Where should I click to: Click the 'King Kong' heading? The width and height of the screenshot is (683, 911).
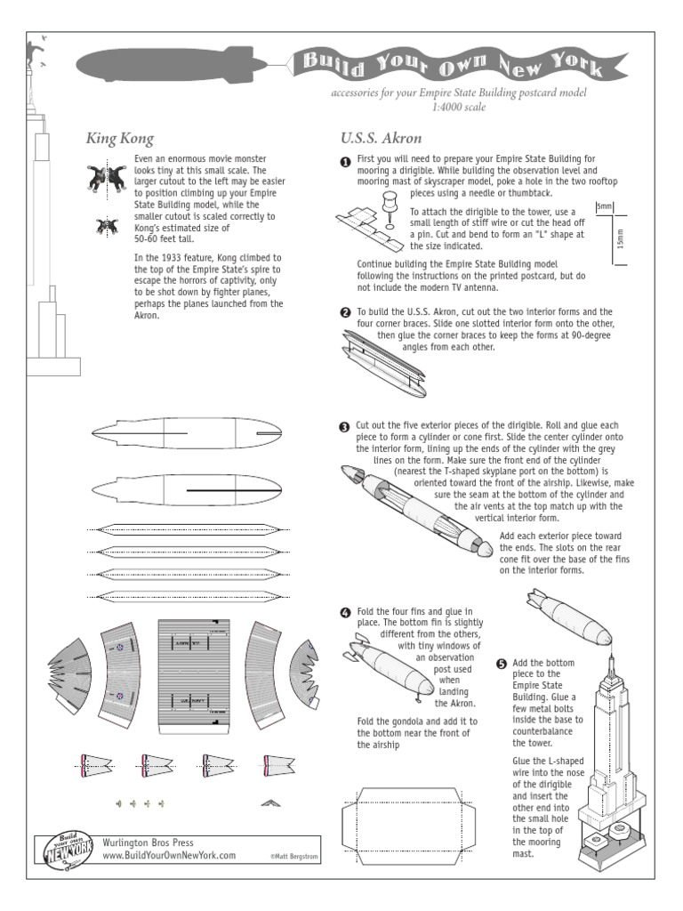(x=119, y=139)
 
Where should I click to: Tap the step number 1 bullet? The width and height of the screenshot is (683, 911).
(x=346, y=161)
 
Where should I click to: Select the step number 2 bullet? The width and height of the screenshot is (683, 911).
(x=346, y=313)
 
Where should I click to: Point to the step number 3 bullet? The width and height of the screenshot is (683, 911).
(x=346, y=428)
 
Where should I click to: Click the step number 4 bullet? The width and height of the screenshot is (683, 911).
(x=346, y=614)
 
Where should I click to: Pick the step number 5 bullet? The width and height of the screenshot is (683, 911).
(x=502, y=665)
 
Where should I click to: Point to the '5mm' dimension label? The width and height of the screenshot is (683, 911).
(x=604, y=207)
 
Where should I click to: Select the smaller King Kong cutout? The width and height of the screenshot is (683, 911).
(x=105, y=227)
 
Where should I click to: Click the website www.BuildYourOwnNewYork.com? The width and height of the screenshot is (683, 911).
(x=169, y=855)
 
